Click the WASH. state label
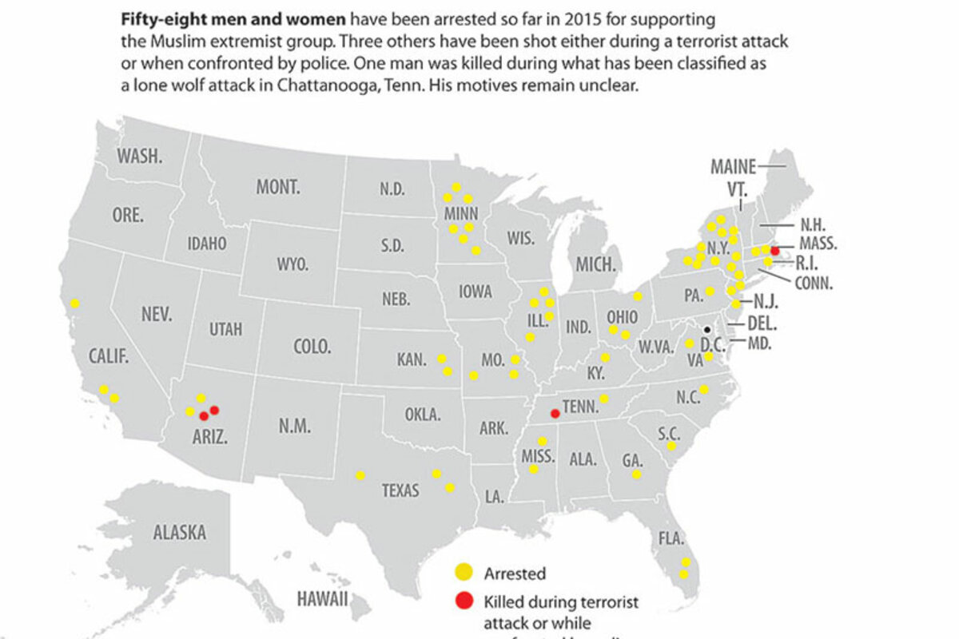tap(140, 157)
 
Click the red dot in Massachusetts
tap(774, 250)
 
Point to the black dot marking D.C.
tap(706, 329)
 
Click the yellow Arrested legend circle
tap(464, 572)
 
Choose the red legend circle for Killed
tap(464, 601)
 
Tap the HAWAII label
tap(323, 598)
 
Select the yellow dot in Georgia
tap(636, 474)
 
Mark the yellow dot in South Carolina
tap(672, 447)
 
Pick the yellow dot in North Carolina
tap(704, 390)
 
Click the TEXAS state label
tap(400, 490)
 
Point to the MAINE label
tap(733, 167)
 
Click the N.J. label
tap(765, 302)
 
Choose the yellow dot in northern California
tap(74, 303)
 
